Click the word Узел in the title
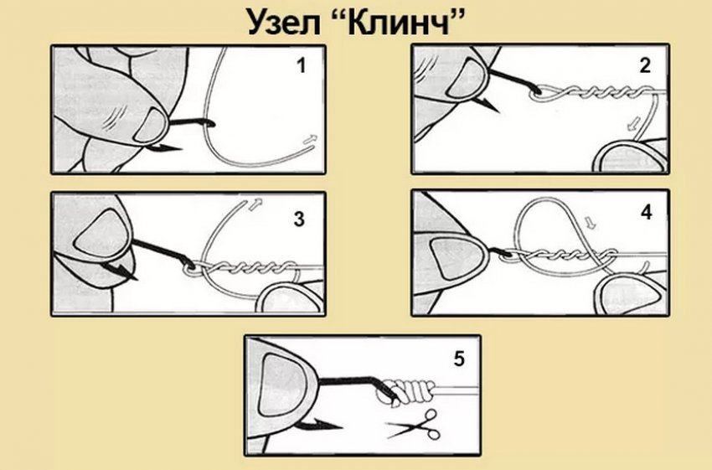click(284, 23)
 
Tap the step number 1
click(301, 66)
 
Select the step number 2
click(644, 66)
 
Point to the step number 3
click(299, 220)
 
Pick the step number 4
click(646, 212)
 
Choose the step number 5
click(459, 359)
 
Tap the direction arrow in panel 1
click(311, 140)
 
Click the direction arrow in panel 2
click(633, 123)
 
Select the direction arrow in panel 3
click(255, 204)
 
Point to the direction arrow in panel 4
click(590, 223)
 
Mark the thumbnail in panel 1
click(151, 126)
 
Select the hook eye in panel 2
click(537, 94)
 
